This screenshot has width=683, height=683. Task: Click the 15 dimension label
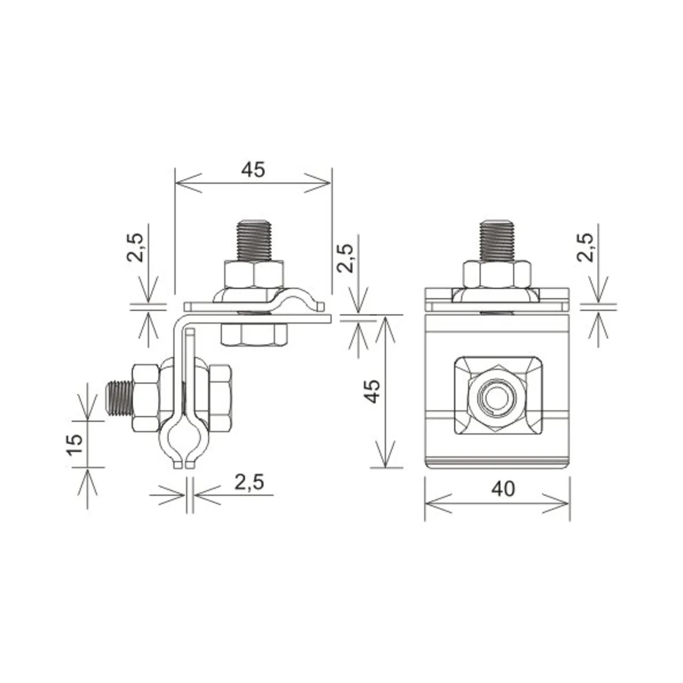click(75, 445)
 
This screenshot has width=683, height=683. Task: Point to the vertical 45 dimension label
click(373, 391)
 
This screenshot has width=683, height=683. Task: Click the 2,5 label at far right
click(585, 248)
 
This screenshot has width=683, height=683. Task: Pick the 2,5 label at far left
click(135, 248)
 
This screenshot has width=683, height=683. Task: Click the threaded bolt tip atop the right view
click(496, 241)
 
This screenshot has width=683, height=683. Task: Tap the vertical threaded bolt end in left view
click(254, 241)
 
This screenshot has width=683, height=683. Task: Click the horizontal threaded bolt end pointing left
click(120, 398)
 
